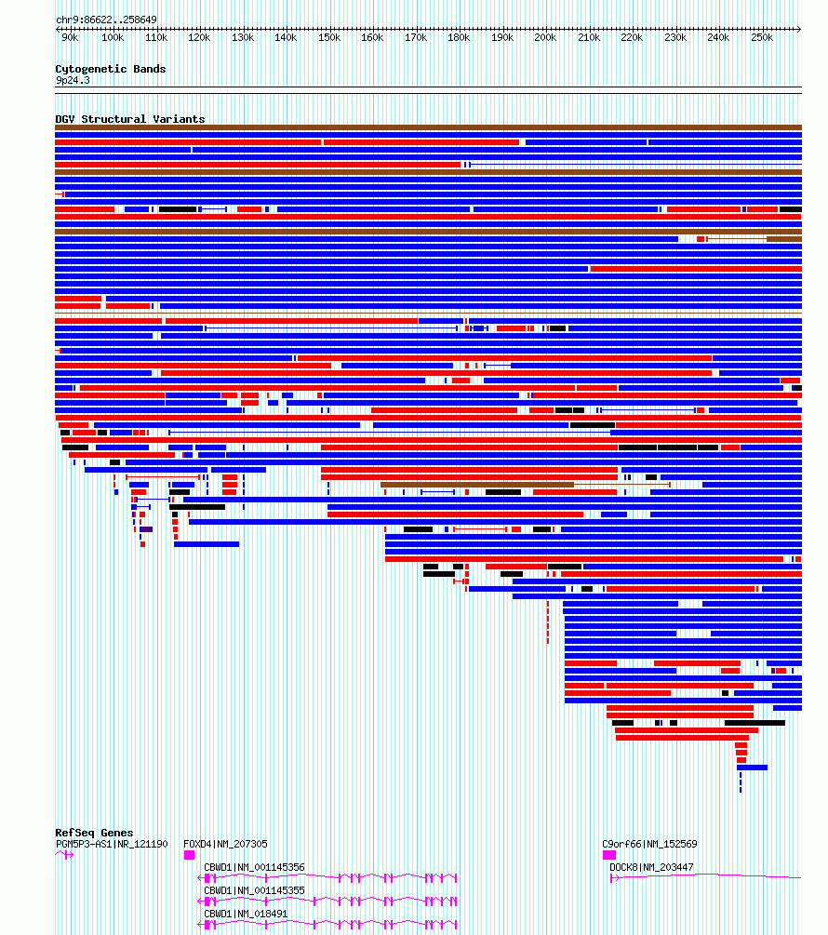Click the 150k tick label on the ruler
(x=329, y=37)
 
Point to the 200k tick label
(x=545, y=37)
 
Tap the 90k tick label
(x=70, y=37)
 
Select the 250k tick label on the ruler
(x=762, y=37)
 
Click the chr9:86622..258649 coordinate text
(x=106, y=20)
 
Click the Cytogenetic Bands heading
(x=111, y=69)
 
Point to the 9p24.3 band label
(x=73, y=81)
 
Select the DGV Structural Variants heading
(x=130, y=119)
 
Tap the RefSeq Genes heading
(x=94, y=833)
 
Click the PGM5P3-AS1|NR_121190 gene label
(x=112, y=845)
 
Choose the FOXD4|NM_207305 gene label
(x=225, y=845)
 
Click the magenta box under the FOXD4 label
(x=189, y=855)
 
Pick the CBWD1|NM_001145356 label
(x=254, y=868)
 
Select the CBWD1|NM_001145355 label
(x=254, y=891)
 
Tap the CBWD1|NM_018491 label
(x=246, y=915)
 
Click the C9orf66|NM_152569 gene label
(x=649, y=845)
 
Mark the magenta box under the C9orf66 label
(x=609, y=855)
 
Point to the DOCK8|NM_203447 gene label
(x=651, y=868)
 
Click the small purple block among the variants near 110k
(x=147, y=529)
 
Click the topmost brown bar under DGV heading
(x=428, y=127)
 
